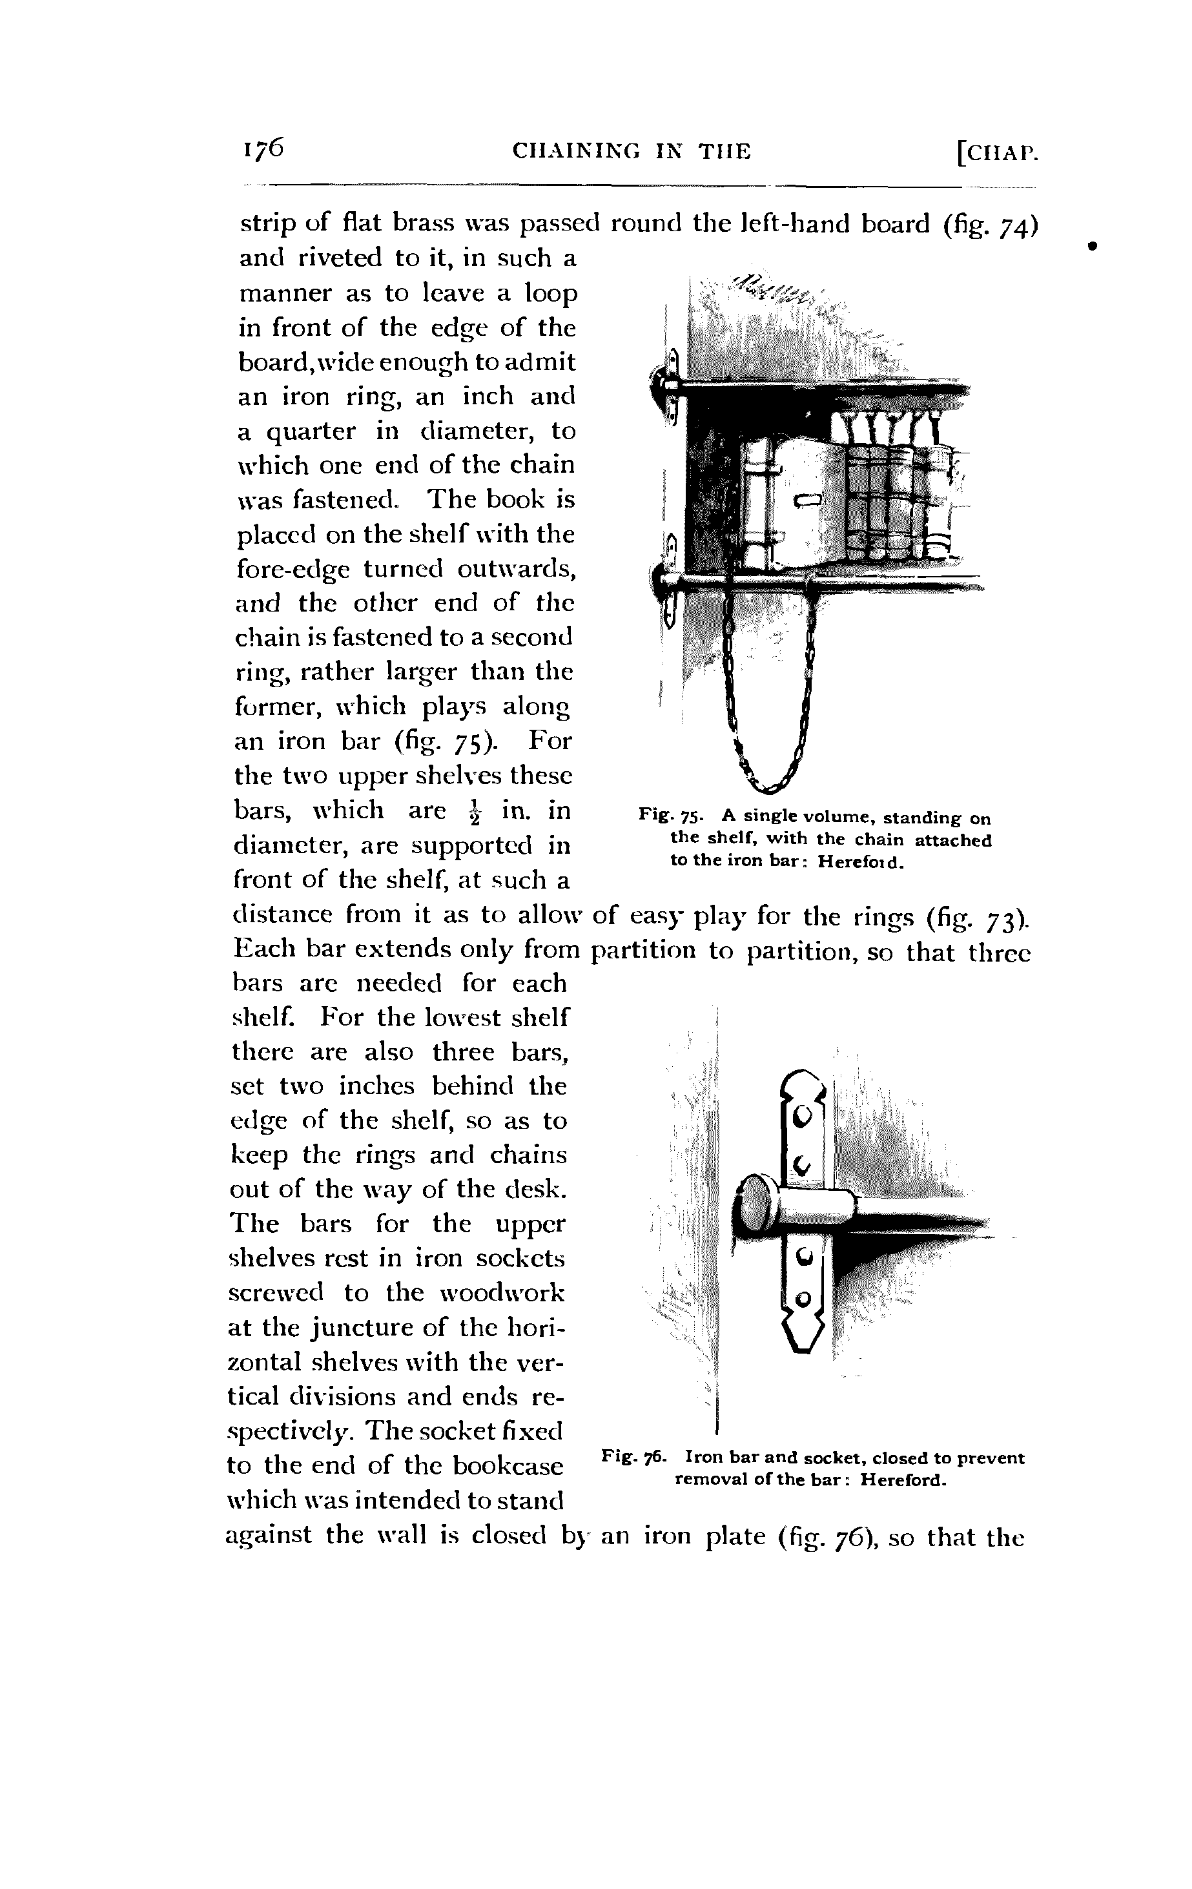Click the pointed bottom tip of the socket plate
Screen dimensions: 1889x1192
tap(801, 1348)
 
